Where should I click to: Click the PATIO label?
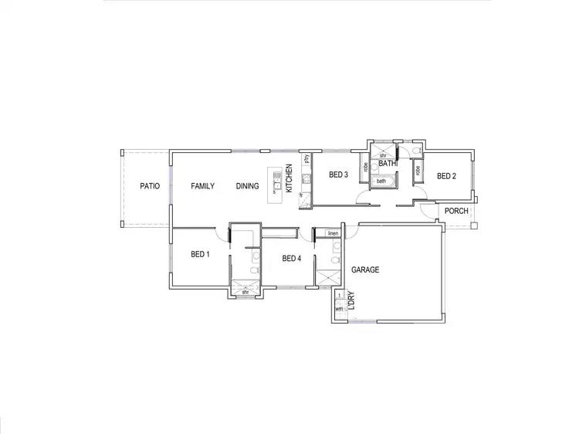click(x=150, y=186)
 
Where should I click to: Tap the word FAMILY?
click(x=203, y=186)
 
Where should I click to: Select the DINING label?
click(x=248, y=186)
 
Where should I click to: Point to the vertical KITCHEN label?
click(x=289, y=179)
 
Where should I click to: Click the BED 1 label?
click(x=200, y=254)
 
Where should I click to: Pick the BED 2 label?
click(x=446, y=176)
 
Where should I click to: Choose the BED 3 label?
click(x=338, y=175)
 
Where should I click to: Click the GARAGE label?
click(x=366, y=270)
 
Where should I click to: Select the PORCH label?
click(x=457, y=211)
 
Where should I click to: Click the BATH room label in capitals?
click(x=387, y=164)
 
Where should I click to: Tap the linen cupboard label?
click(x=334, y=233)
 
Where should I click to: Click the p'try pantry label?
click(x=306, y=160)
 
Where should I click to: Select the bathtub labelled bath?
click(x=381, y=181)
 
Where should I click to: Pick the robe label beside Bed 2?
click(x=418, y=171)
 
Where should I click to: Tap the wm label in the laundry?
click(x=339, y=309)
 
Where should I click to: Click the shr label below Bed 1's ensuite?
click(x=245, y=293)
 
